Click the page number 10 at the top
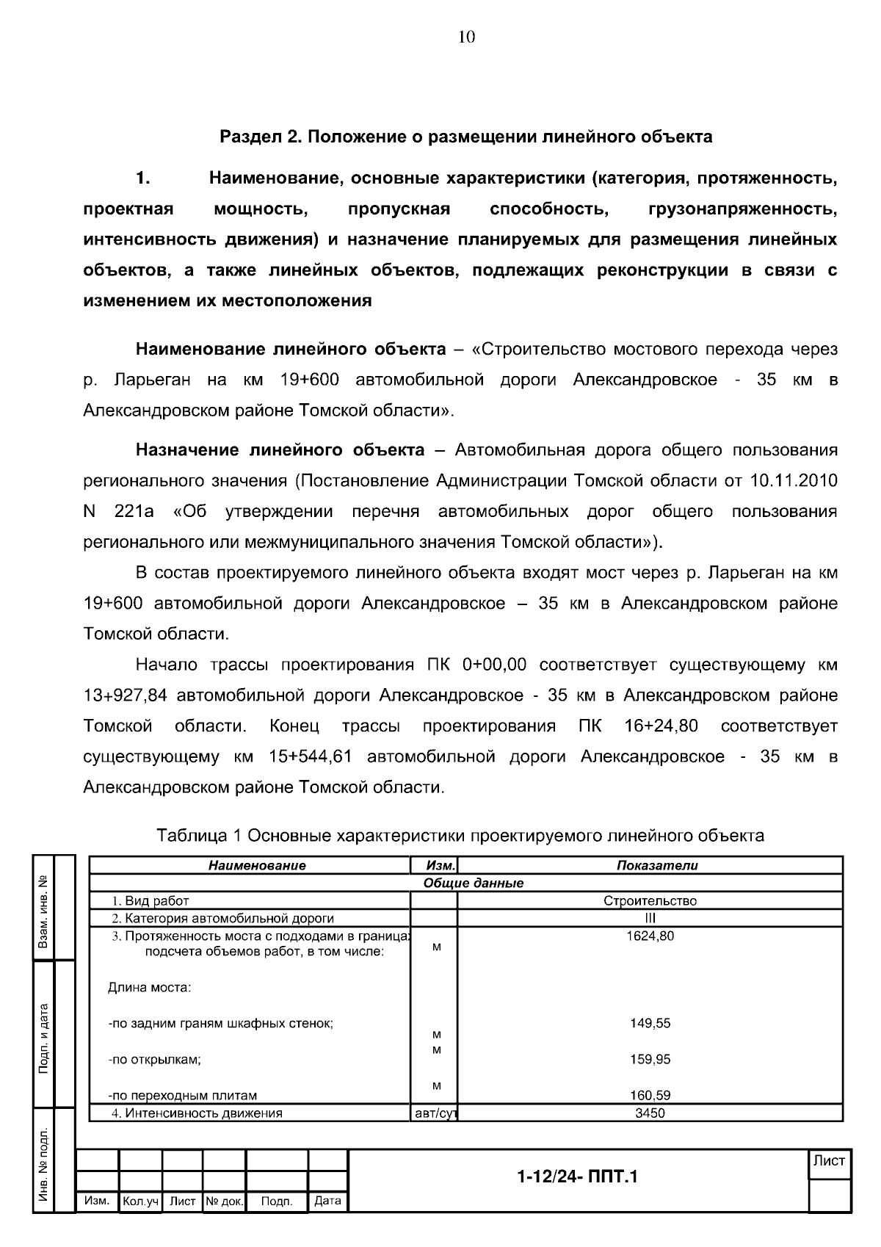tap(467, 37)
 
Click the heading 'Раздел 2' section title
tap(466, 137)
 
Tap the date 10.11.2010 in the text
tap(793, 481)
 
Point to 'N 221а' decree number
tap(119, 512)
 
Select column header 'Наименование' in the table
tap(257, 866)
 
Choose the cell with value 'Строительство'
tap(650, 901)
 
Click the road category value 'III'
tap(650, 918)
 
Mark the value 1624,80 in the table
tap(650, 936)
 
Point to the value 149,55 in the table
tap(650, 1024)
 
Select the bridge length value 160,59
tap(650, 1096)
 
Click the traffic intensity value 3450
tap(650, 1113)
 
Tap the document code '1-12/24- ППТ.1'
tap(577, 1178)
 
